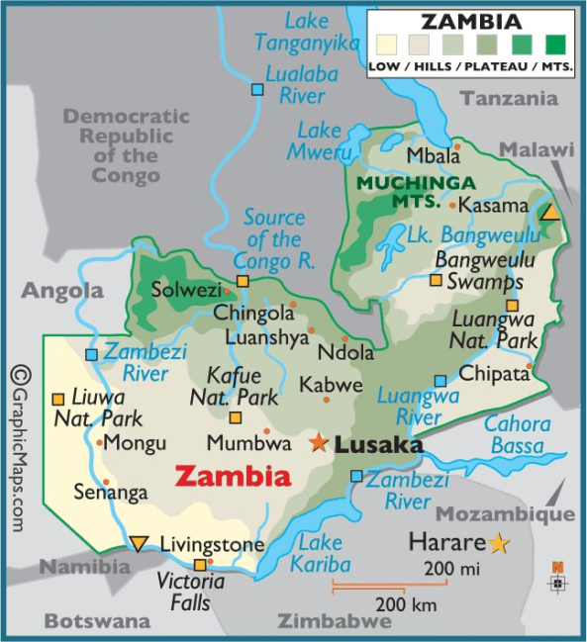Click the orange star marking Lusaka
tap(318, 442)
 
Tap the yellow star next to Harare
tap(498, 543)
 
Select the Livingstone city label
tap(212, 545)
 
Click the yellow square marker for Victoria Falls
tap(200, 566)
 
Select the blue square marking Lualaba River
tap(257, 89)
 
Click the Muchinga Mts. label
tap(402, 193)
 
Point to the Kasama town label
tap(495, 206)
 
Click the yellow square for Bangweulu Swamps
tap(435, 280)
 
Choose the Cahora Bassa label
tap(516, 435)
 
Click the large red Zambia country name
tap(233, 477)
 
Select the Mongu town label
tap(135, 442)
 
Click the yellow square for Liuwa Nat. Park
tap(57, 398)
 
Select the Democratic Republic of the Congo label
tap(126, 145)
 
